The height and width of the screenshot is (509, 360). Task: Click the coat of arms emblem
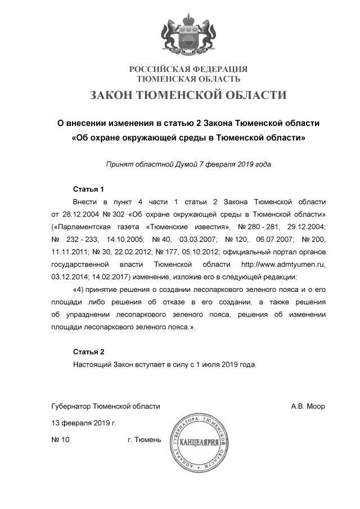click(188, 33)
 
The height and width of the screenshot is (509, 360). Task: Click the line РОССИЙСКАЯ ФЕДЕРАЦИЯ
click(188, 69)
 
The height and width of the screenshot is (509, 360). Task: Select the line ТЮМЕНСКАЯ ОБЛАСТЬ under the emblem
click(188, 79)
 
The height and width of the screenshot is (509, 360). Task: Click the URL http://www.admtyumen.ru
click(283, 264)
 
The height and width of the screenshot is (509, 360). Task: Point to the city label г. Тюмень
click(145, 440)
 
